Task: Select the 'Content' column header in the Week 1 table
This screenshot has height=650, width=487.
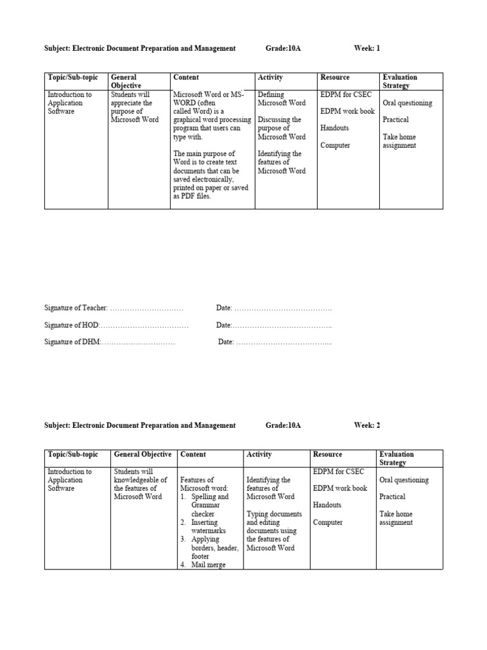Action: pyautogui.click(x=186, y=77)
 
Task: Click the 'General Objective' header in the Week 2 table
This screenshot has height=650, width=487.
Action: pyautogui.click(x=143, y=454)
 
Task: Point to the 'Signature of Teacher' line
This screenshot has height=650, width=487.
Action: pyautogui.click(x=114, y=308)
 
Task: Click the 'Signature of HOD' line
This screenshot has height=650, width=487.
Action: pyautogui.click(x=116, y=325)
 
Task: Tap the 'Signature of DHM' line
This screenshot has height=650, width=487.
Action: pyautogui.click(x=110, y=342)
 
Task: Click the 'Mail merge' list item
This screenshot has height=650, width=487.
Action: pyautogui.click(x=208, y=564)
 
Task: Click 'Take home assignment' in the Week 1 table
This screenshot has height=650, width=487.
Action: pyautogui.click(x=399, y=141)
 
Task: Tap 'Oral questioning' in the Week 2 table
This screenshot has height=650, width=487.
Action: pyautogui.click(x=404, y=480)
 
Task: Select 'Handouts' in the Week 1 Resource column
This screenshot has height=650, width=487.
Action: pyautogui.click(x=334, y=128)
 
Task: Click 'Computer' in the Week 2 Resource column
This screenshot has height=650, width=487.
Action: pyautogui.click(x=328, y=522)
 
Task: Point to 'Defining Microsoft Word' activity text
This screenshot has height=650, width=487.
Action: pyautogui.click(x=282, y=98)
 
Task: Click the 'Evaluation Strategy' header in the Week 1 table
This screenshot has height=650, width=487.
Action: pyautogui.click(x=400, y=81)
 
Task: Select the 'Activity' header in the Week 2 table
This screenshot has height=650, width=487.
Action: pyautogui.click(x=259, y=454)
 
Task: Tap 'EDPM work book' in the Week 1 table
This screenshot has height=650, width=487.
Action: pyautogui.click(x=347, y=111)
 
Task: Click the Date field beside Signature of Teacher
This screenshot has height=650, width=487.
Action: pyautogui.click(x=274, y=308)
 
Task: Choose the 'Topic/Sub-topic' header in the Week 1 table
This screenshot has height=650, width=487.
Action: pyautogui.click(x=73, y=77)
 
